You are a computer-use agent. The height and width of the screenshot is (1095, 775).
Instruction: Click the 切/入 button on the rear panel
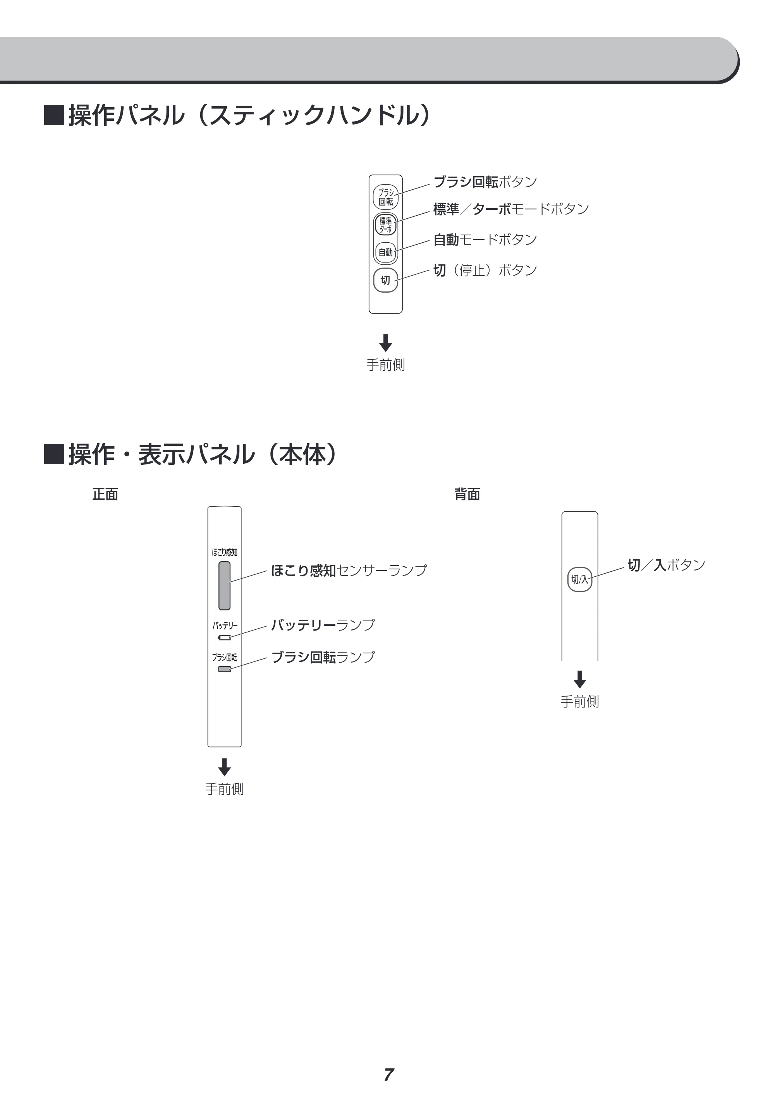[x=580, y=579]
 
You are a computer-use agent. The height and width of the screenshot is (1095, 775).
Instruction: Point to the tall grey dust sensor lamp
[x=224, y=586]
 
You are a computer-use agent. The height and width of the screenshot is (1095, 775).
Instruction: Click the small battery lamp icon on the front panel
[x=224, y=637]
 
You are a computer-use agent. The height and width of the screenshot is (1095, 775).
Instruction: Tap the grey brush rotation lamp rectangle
[x=224, y=669]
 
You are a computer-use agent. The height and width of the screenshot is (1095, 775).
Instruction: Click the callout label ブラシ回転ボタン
[x=485, y=182]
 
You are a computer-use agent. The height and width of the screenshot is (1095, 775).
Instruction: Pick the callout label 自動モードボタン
[x=485, y=240]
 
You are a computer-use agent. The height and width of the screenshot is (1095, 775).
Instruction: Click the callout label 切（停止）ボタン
[x=485, y=270]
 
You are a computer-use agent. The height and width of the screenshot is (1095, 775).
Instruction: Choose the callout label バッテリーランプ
[x=323, y=625]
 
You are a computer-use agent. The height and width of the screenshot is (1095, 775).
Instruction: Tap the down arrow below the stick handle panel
[x=386, y=343]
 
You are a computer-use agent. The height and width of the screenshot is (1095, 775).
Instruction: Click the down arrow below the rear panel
[x=580, y=679]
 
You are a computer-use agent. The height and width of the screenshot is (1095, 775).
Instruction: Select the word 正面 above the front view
[x=105, y=494]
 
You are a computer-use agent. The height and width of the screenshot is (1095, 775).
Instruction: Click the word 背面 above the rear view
[x=467, y=494]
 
